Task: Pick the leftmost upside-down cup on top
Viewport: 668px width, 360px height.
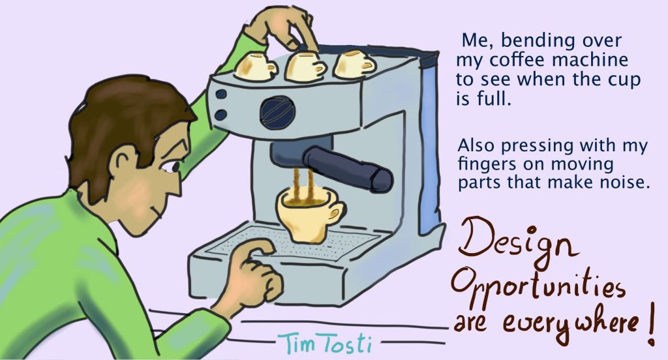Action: coord(256,66)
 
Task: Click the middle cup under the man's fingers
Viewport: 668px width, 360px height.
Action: coord(304,66)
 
